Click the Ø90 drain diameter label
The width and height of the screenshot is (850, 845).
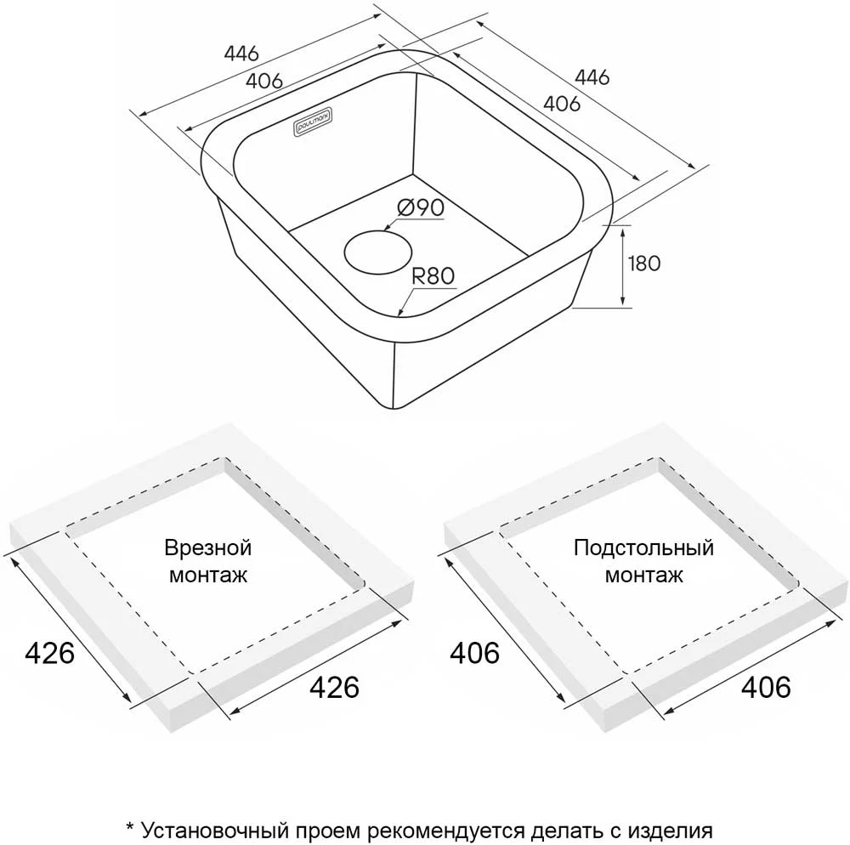pos(421,207)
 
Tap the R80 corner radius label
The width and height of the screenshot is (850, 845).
pos(433,276)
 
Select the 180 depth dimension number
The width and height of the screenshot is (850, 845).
pos(644,264)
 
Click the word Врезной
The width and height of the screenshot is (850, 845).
pos(208,548)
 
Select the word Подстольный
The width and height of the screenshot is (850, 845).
pos(644,548)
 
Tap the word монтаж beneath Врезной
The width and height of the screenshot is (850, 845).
pos(208,575)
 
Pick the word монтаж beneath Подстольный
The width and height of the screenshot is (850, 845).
pos(644,575)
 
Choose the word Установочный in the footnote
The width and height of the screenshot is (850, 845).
pos(217,831)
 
